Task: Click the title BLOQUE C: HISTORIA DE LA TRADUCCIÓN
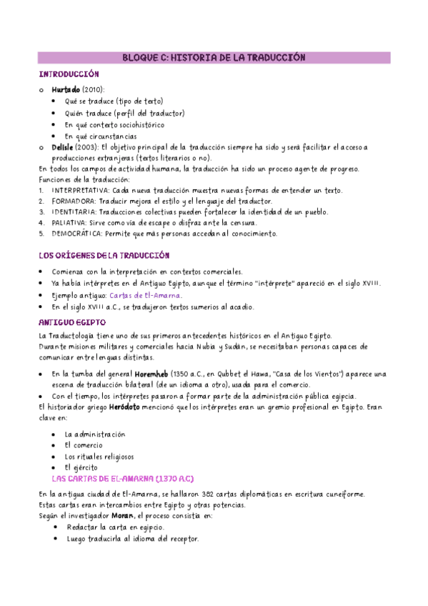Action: point(214,57)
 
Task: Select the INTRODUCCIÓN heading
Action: point(69,74)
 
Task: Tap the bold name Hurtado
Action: point(66,89)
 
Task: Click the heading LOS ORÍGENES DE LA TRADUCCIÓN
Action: point(104,255)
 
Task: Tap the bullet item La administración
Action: point(94,434)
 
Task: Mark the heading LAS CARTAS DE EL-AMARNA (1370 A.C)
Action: point(123,478)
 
